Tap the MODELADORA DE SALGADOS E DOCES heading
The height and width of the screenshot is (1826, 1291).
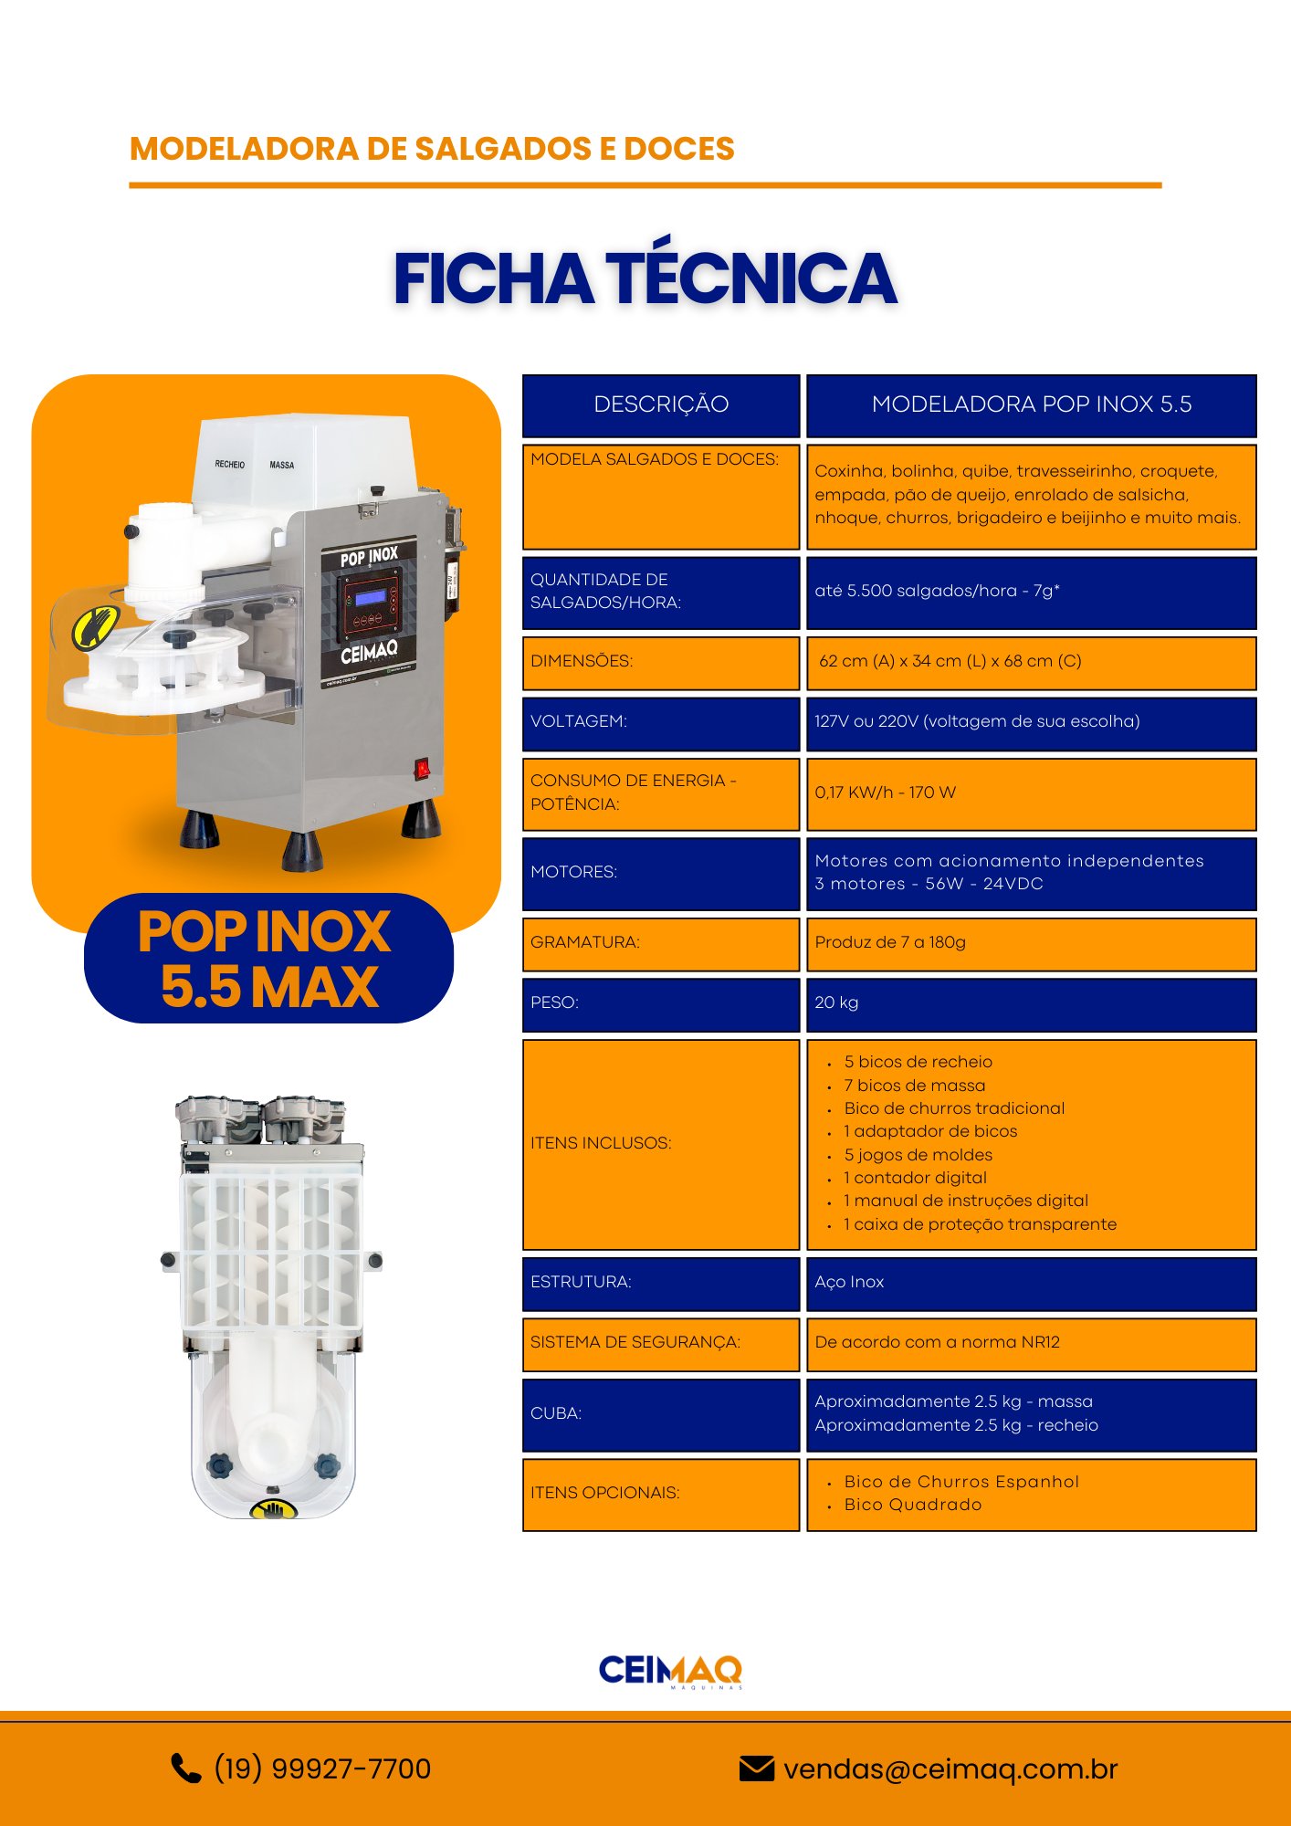click(432, 149)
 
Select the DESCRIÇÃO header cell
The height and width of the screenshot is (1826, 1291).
click(661, 405)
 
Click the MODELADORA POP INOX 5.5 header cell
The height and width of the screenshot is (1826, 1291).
click(1032, 405)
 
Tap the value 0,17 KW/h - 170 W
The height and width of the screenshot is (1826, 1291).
click(885, 792)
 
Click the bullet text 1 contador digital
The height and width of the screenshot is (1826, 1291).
click(915, 1178)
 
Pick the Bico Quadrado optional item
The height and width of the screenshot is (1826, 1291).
click(913, 1505)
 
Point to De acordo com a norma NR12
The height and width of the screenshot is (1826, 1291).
click(937, 1342)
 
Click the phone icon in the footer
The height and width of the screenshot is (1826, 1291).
click(186, 1768)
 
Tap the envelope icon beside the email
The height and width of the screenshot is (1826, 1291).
click(757, 1768)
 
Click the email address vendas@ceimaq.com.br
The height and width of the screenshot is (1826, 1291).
click(950, 1769)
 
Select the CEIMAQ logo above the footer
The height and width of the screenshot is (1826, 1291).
click(670, 1672)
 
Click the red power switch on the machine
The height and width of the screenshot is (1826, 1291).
click(422, 769)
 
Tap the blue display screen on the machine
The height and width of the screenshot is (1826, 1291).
click(370, 597)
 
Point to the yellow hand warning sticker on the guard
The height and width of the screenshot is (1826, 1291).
click(96, 627)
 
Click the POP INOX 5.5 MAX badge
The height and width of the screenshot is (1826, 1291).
click(268, 959)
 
